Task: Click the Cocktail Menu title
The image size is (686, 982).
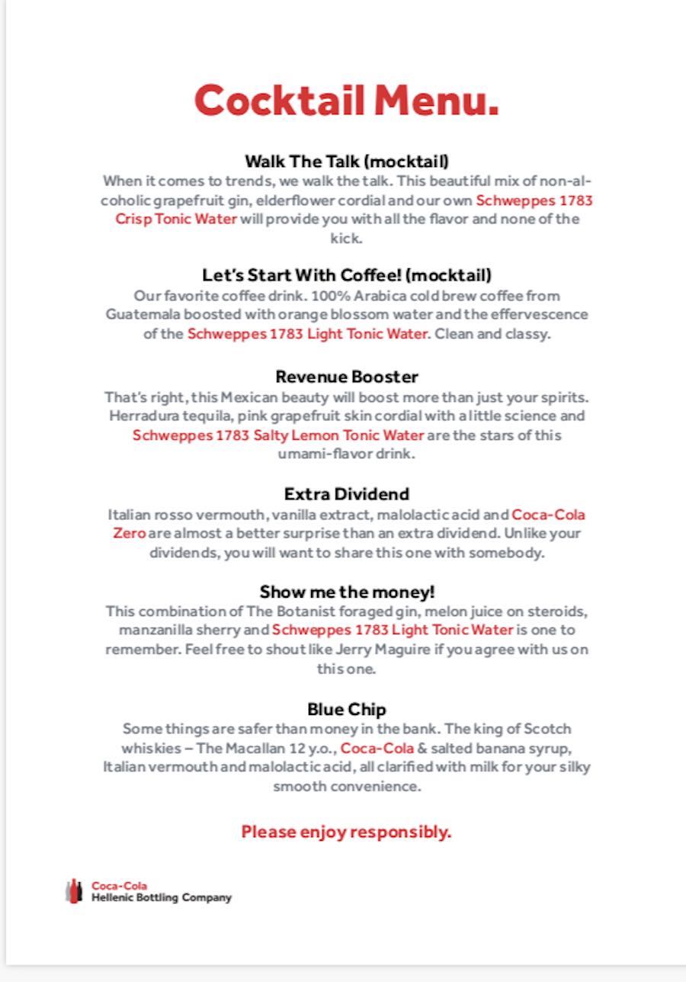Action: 347,100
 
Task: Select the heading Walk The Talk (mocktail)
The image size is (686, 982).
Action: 347,162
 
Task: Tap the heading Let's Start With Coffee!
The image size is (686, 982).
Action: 347,275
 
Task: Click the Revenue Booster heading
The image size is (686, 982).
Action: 347,377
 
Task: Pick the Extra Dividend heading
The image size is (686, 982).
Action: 347,494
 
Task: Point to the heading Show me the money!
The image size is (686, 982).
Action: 347,592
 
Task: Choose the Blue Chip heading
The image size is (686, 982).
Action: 347,710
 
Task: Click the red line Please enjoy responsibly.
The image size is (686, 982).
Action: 347,832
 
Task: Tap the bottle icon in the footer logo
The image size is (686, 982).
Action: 74,891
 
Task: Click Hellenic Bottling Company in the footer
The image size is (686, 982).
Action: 162,898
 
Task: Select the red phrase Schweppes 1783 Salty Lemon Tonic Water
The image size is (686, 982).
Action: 278,435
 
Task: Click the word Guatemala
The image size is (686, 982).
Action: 139,314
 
